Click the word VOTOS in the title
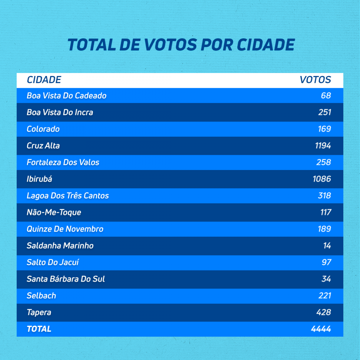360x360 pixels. coord(171,45)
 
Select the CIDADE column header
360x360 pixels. coord(44,80)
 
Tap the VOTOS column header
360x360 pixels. coord(315,80)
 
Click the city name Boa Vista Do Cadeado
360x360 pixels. coord(66,96)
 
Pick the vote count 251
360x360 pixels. coord(325,112)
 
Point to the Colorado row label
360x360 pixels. coord(43,129)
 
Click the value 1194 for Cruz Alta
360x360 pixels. coord(323,146)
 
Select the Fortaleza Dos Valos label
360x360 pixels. coord(63,162)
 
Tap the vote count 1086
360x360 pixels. coord(322,179)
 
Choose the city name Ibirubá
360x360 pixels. coord(39,179)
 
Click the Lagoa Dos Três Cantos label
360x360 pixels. coord(68,196)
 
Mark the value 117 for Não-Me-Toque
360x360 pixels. coord(326,212)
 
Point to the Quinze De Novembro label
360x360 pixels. coord(65,229)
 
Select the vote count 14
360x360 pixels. coord(327,246)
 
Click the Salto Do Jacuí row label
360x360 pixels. coord(53,262)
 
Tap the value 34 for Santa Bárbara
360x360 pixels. coord(326,279)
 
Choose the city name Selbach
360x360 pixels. coord(41,296)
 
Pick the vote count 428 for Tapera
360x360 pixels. coord(324,312)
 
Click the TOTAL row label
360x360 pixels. coord(39,329)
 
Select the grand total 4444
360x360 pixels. coord(321,329)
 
